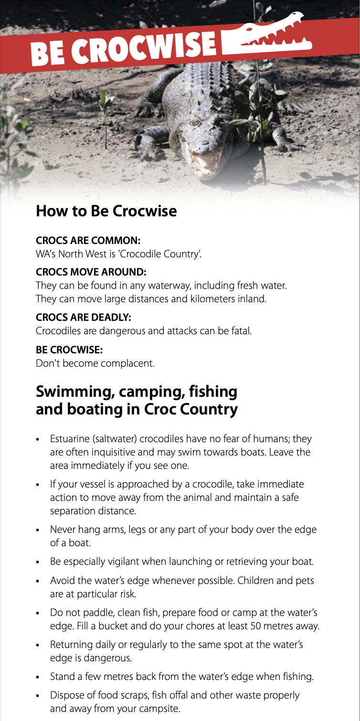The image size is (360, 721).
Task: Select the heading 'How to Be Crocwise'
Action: click(x=106, y=211)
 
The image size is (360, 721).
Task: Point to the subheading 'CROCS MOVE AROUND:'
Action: click(x=91, y=273)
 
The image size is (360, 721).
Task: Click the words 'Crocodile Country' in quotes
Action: click(x=159, y=254)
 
